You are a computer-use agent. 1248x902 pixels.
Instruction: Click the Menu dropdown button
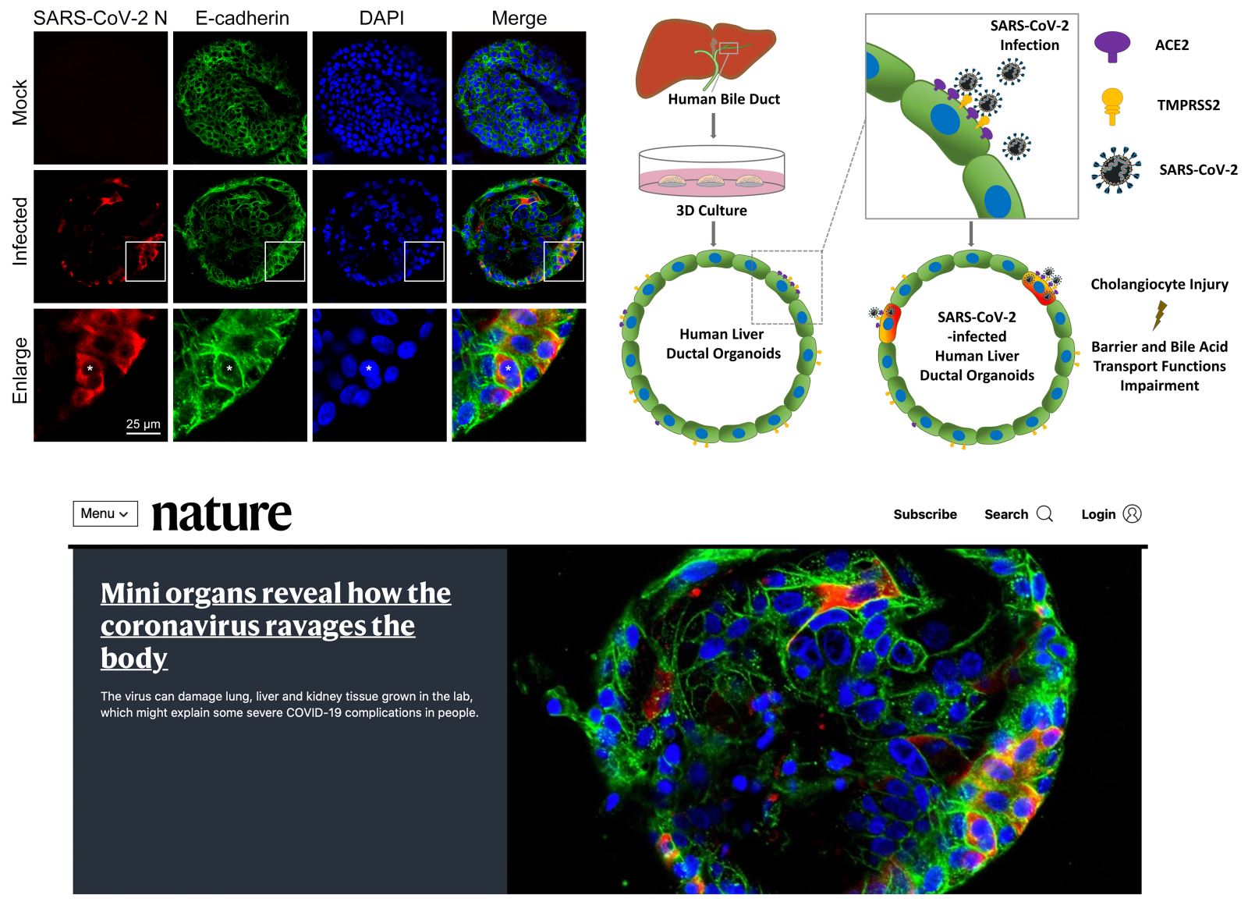[105, 513]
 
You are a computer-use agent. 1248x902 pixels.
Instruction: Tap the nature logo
[222, 513]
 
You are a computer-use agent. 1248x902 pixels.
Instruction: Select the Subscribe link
[925, 514]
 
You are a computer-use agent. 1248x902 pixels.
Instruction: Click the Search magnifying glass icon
[1044, 513]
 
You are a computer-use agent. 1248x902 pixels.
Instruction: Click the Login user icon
[1132, 513]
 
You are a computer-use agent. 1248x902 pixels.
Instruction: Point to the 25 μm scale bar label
[144, 424]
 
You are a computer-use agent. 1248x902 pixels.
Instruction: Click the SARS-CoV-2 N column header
[101, 18]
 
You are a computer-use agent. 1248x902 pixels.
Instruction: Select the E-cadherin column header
[243, 18]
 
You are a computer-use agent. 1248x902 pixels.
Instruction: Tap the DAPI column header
[381, 18]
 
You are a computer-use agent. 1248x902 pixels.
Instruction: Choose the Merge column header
[519, 18]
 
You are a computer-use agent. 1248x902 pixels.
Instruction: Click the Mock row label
[19, 102]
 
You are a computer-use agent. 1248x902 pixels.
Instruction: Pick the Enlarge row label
[19, 370]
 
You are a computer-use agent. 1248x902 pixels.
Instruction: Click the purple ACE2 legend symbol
[1112, 47]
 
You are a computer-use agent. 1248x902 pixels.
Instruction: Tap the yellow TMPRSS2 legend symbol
[1112, 106]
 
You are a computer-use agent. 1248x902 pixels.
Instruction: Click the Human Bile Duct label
[724, 99]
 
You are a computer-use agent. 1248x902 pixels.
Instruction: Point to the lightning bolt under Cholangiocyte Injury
[1160, 315]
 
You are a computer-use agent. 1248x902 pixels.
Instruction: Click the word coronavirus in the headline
[180, 626]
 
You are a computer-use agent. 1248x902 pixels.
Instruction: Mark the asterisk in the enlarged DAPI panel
[368, 368]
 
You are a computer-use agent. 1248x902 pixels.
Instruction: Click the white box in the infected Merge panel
[563, 243]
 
